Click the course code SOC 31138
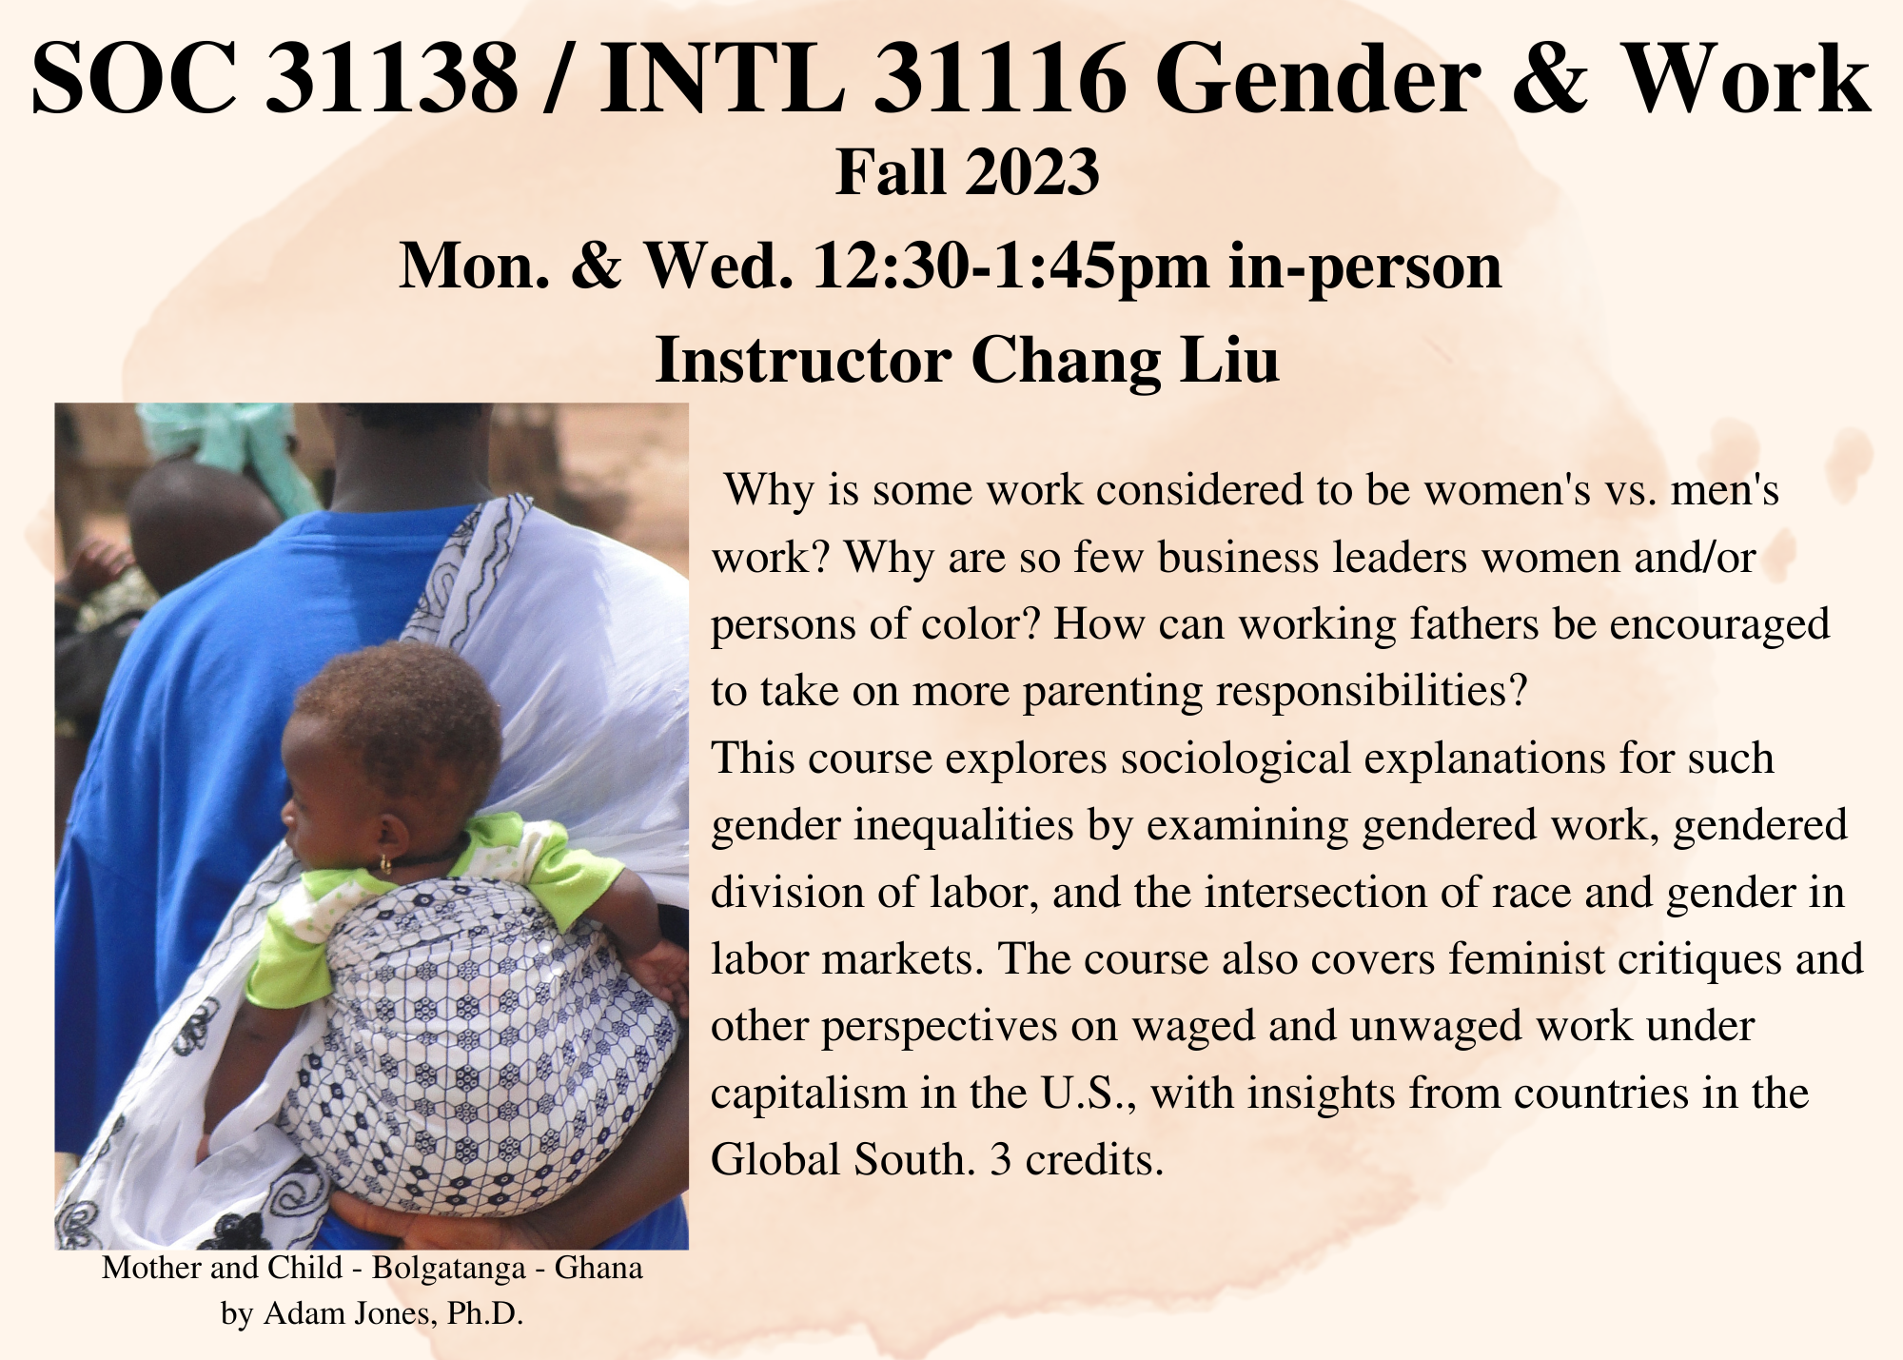click(275, 80)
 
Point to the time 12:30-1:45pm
click(1010, 266)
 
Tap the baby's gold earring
click(385, 864)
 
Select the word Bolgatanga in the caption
click(443, 1268)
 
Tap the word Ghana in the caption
click(598, 1268)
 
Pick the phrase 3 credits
click(1076, 1159)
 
